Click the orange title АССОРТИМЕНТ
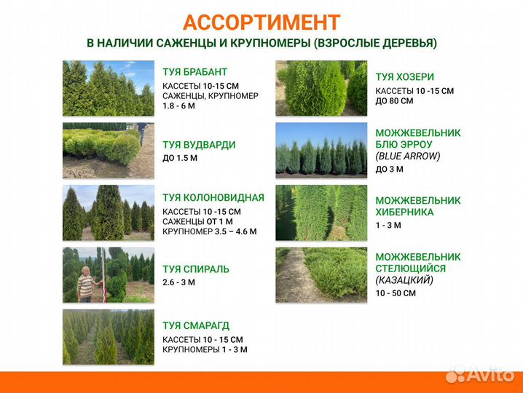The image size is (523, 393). pyautogui.click(x=261, y=22)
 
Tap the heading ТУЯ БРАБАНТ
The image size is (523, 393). pyautogui.click(x=195, y=72)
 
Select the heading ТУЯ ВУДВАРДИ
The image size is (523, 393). pyautogui.click(x=199, y=145)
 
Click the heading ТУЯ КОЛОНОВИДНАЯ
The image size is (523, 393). pyautogui.click(x=213, y=197)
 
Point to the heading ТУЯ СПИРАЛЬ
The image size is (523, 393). pyautogui.click(x=195, y=269)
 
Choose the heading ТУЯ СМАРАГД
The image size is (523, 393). pyautogui.click(x=196, y=325)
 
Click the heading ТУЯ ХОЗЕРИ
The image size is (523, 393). pyautogui.click(x=405, y=76)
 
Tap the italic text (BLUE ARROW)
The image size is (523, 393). pyautogui.click(x=408, y=156)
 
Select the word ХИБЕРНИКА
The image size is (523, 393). pyautogui.click(x=404, y=212)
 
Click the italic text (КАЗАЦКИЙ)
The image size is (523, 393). pyautogui.click(x=404, y=279)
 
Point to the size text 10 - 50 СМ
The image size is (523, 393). pyautogui.click(x=396, y=293)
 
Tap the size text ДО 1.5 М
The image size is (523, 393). pyautogui.click(x=180, y=158)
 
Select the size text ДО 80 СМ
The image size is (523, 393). pyautogui.click(x=394, y=101)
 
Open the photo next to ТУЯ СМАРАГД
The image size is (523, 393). pyautogui.click(x=108, y=337)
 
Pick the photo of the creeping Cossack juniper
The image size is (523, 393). pyautogui.click(x=321, y=275)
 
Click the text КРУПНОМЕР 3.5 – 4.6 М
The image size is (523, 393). pyautogui.click(x=210, y=232)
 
